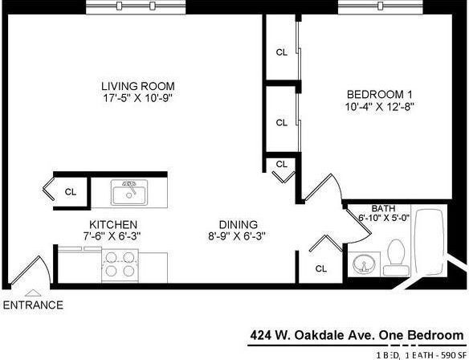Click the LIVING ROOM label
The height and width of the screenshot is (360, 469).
[x=137, y=86]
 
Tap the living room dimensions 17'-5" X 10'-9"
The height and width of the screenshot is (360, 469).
[x=137, y=98]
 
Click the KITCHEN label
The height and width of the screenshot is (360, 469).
[x=112, y=224]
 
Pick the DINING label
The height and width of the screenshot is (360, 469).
[x=239, y=224]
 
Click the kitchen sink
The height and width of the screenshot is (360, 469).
[x=128, y=193]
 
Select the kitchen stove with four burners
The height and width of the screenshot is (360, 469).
[x=120, y=264]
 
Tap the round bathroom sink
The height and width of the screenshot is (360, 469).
[x=367, y=264]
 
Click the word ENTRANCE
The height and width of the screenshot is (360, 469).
[x=33, y=305]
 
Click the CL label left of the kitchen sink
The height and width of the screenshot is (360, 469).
[x=70, y=192]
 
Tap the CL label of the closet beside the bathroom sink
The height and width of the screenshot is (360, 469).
[x=321, y=268]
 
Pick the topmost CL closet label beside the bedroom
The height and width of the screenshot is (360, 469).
[x=281, y=52]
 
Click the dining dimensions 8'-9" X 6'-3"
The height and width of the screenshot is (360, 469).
[x=239, y=236]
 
